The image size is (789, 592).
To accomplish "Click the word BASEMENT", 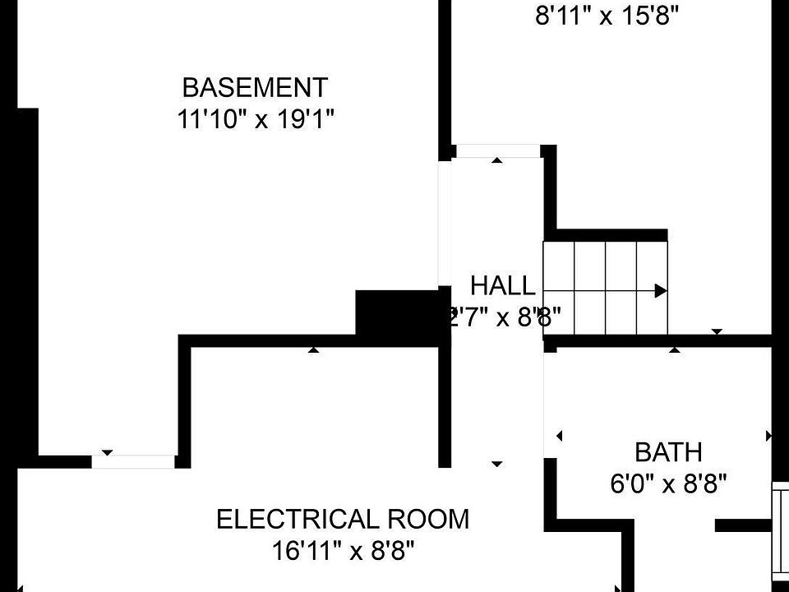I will (255, 87).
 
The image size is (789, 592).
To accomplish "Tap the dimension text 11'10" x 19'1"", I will (255, 119).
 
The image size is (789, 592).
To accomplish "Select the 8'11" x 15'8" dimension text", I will (607, 16).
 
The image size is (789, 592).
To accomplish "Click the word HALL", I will (502, 286).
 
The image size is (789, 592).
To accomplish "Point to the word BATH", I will (668, 452).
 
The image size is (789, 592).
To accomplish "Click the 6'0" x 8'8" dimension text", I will (668, 483).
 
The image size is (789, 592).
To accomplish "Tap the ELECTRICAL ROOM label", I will (343, 520).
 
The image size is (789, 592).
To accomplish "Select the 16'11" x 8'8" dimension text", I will (343, 549).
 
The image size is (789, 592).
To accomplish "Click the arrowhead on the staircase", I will (660, 290).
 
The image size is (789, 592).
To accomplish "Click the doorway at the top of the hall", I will (498, 150).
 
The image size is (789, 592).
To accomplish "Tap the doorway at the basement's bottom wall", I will (133, 461).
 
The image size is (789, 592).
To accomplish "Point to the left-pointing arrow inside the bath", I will (559, 436).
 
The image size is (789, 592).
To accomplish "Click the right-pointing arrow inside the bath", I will (769, 436).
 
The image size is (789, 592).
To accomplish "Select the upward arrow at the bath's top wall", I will (675, 350).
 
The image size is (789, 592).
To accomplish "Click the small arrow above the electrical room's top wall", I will (313, 350).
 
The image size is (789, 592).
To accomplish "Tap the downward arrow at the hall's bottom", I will (496, 465).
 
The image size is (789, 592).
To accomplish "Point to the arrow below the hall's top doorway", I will (496, 160).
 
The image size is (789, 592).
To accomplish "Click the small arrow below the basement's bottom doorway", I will (107, 453).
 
